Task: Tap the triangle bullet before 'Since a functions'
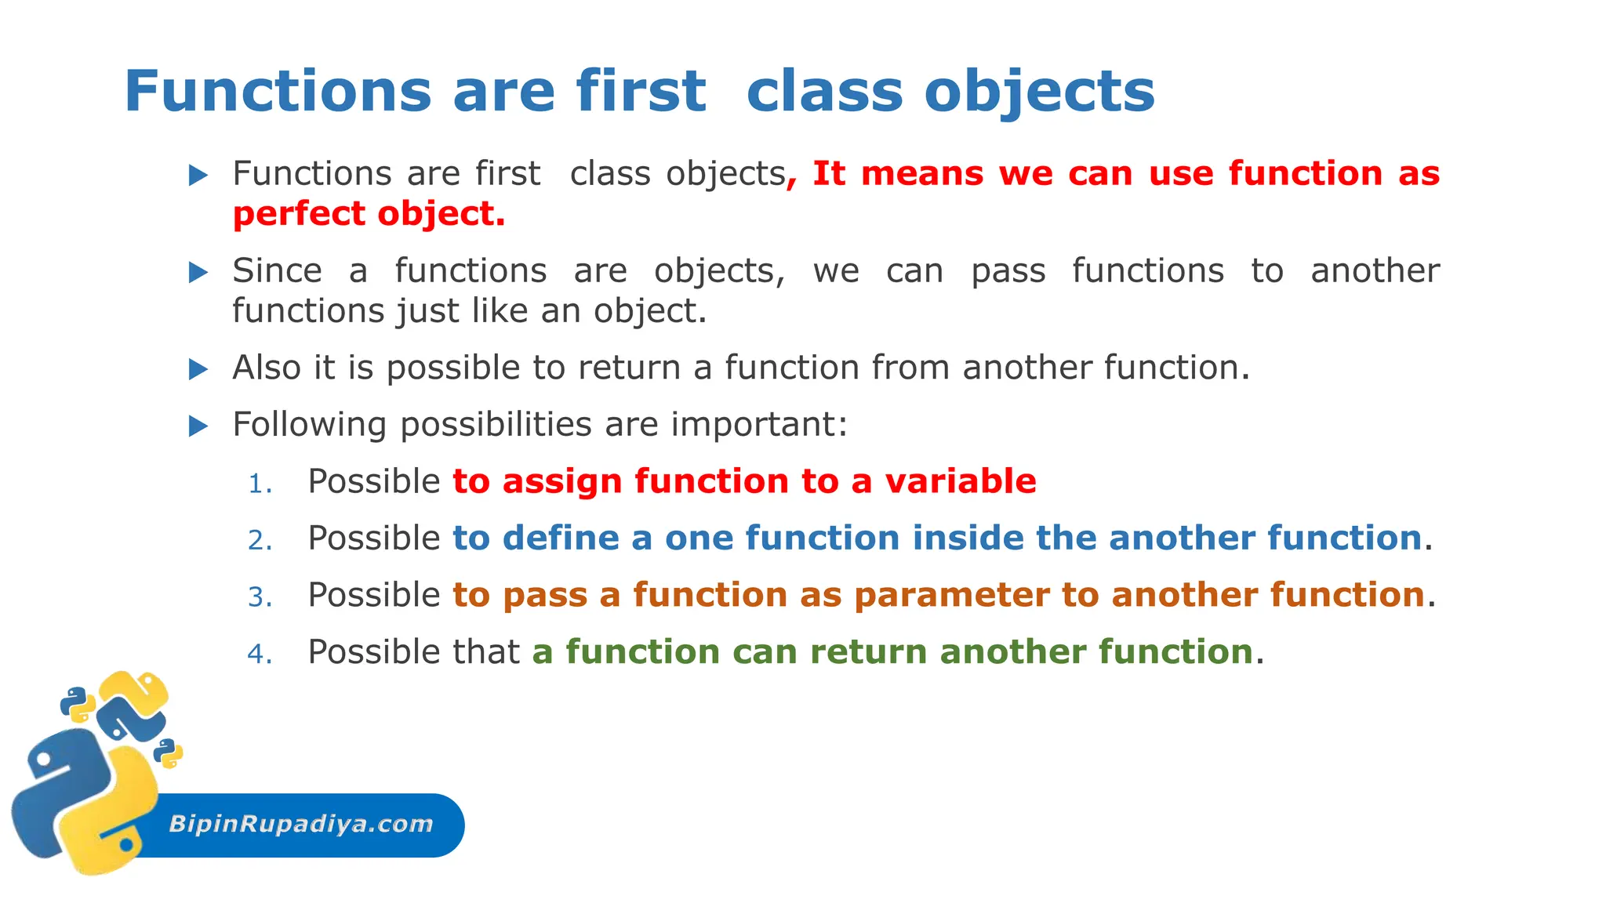[x=198, y=273]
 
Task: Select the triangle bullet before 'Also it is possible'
[x=198, y=369]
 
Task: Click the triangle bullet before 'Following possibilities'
[x=198, y=426]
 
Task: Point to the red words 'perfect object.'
[x=369, y=214]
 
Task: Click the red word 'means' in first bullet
[x=921, y=173]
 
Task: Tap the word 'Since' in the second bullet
[x=277, y=270]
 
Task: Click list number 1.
[x=260, y=484]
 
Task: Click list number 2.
[x=260, y=541]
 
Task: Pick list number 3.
[x=260, y=598]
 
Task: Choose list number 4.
[x=260, y=655]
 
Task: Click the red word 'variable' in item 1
[x=960, y=481]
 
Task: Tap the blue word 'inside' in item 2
[x=968, y=538]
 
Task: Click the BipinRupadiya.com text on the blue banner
[x=301, y=824]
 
